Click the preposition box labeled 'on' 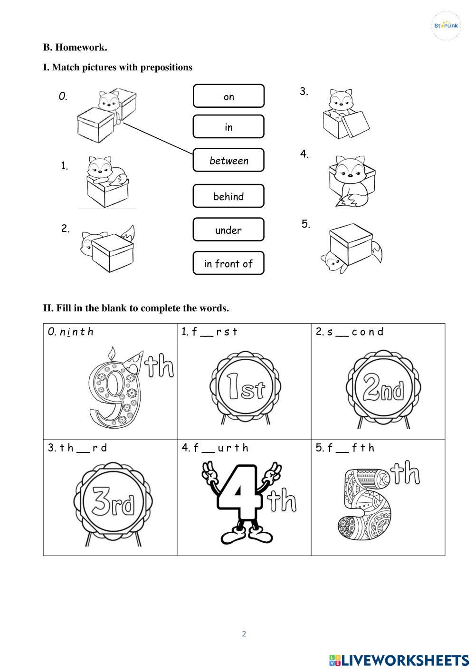coord(228,96)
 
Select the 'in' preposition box coord(228,126)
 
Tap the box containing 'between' coord(228,160)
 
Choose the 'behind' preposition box coord(228,196)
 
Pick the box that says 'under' coord(228,230)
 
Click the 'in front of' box coord(228,263)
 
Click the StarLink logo coord(446,26)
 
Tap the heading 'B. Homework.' coord(75,48)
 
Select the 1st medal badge coord(245,388)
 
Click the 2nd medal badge coord(383,389)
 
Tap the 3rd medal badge coord(113,504)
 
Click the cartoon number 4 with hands coord(242,504)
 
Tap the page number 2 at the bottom coord(244,634)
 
